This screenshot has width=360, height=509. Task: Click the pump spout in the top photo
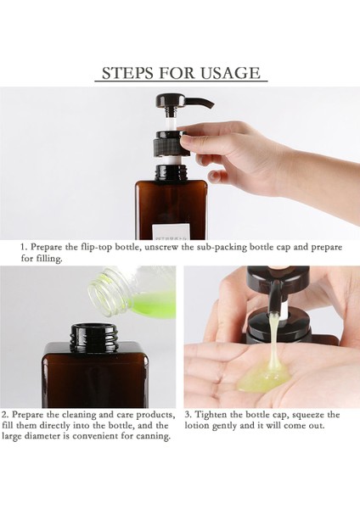tap(195, 103)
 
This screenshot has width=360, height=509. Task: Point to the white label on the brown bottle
tap(171, 231)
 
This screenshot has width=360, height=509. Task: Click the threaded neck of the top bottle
tap(172, 172)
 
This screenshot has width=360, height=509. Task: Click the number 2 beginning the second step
tap(4, 415)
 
